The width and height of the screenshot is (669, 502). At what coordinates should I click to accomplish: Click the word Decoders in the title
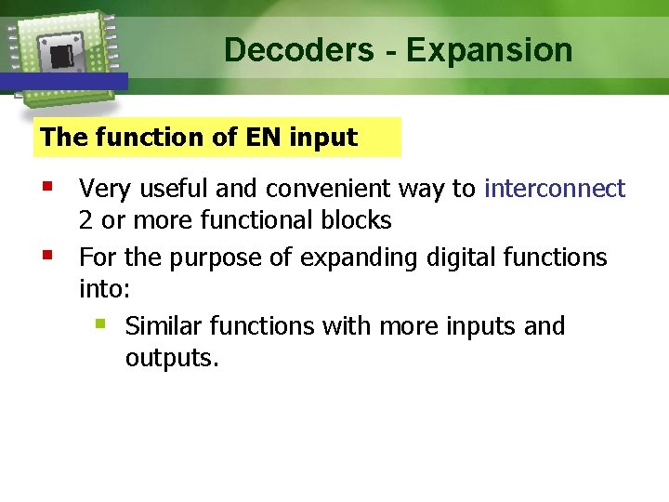click(x=298, y=49)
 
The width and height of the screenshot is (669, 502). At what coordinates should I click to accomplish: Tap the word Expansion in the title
click(x=490, y=49)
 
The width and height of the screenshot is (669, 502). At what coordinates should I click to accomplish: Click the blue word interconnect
click(x=555, y=189)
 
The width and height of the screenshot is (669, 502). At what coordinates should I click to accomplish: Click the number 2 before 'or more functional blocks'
click(x=86, y=220)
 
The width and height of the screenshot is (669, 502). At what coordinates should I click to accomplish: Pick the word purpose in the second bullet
click(x=212, y=257)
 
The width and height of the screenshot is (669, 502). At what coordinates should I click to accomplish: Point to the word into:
click(x=104, y=289)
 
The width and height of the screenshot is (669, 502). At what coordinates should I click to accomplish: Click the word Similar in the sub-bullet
click(x=163, y=326)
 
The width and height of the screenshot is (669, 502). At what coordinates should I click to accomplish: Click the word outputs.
click(x=172, y=358)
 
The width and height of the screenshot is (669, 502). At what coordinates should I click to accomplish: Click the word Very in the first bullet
click(x=101, y=189)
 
